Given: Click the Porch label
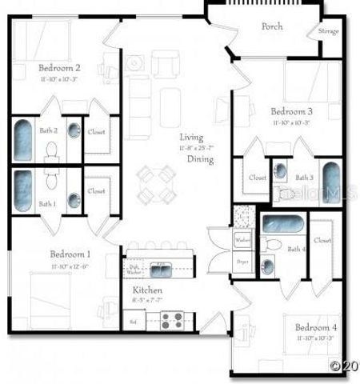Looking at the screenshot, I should pyautogui.click(x=272, y=26).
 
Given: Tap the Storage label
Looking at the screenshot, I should pyautogui.click(x=328, y=32).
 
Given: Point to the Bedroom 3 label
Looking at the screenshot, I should pyautogui.click(x=291, y=111).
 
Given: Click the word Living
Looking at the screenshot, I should pyautogui.click(x=191, y=138).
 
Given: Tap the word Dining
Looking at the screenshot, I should pyautogui.click(x=200, y=159).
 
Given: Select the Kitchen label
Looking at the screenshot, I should pyautogui.click(x=147, y=290).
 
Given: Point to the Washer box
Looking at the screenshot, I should pyautogui.click(x=242, y=240).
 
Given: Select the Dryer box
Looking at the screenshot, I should pyautogui.click(x=242, y=262).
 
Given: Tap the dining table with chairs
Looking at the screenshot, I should pyautogui.click(x=155, y=185).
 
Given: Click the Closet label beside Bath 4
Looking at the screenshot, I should pyautogui.click(x=323, y=240).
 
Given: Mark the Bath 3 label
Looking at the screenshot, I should pyautogui.click(x=304, y=178).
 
